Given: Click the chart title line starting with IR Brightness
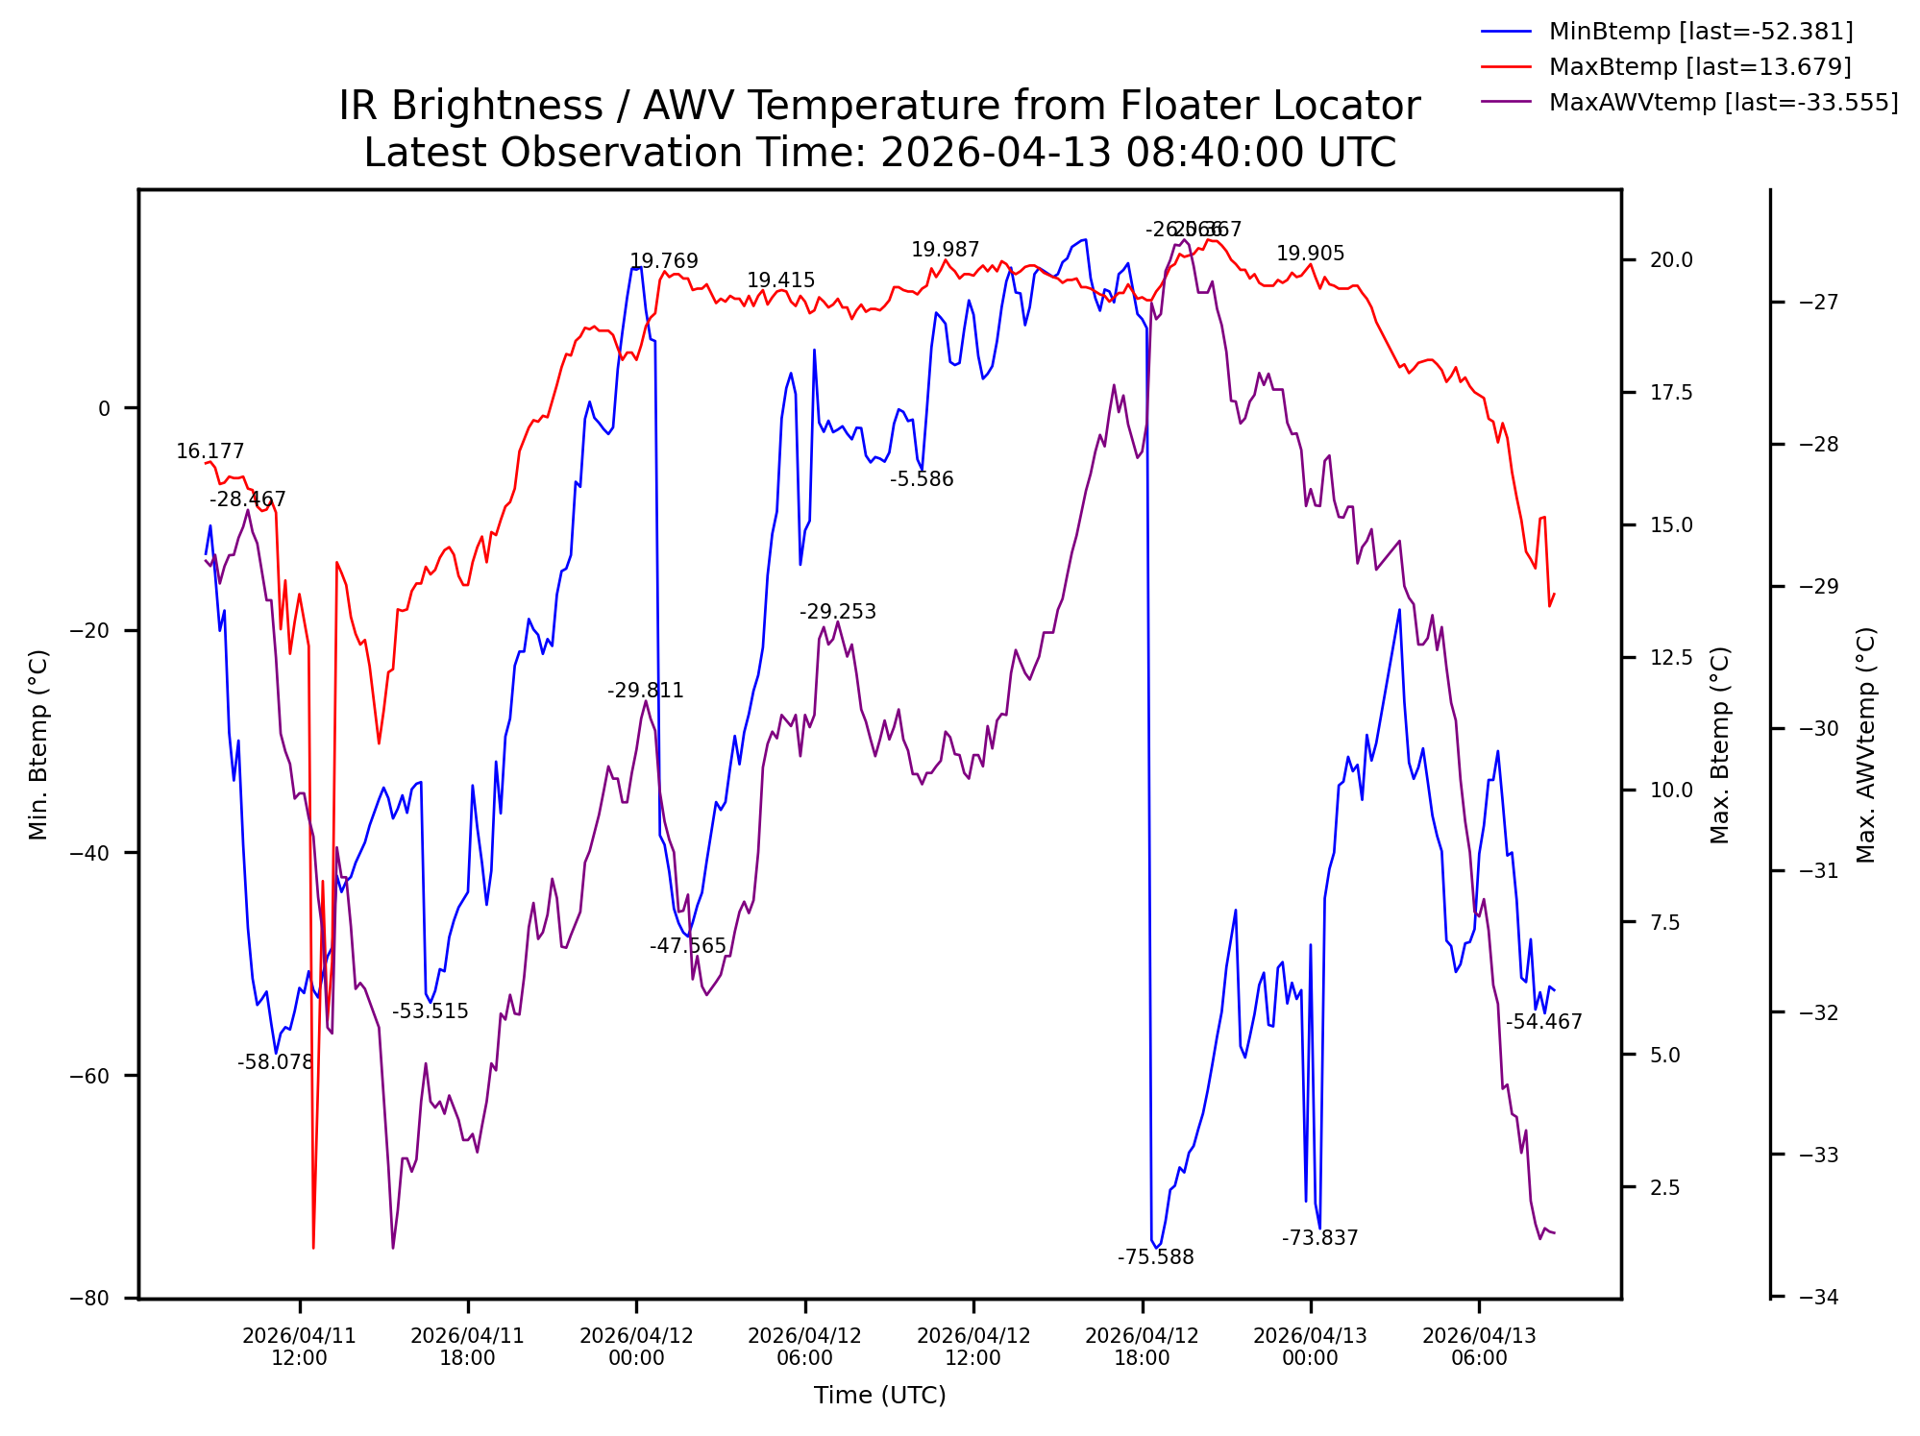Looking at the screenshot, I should click(x=879, y=106).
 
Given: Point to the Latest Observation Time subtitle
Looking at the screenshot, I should click(x=879, y=153).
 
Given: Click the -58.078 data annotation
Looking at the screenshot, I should click(x=276, y=1062).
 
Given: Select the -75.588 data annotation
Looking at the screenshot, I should click(x=1155, y=1257).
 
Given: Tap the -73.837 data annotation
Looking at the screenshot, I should click(x=1319, y=1238).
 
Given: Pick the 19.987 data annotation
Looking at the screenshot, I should click(x=945, y=250).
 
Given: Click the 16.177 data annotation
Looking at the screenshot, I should click(x=209, y=451).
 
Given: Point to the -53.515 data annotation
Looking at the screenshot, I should click(x=430, y=1011).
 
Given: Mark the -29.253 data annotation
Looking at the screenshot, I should click(x=837, y=612).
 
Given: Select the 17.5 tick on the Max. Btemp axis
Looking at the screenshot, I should click(x=1671, y=393).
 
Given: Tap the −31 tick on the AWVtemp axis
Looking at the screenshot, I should click(x=1818, y=871).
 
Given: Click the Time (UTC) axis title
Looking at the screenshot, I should click(x=879, y=1396).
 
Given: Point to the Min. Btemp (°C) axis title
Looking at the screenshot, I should click(x=38, y=744).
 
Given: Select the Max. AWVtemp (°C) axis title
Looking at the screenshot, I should click(x=1865, y=744).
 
